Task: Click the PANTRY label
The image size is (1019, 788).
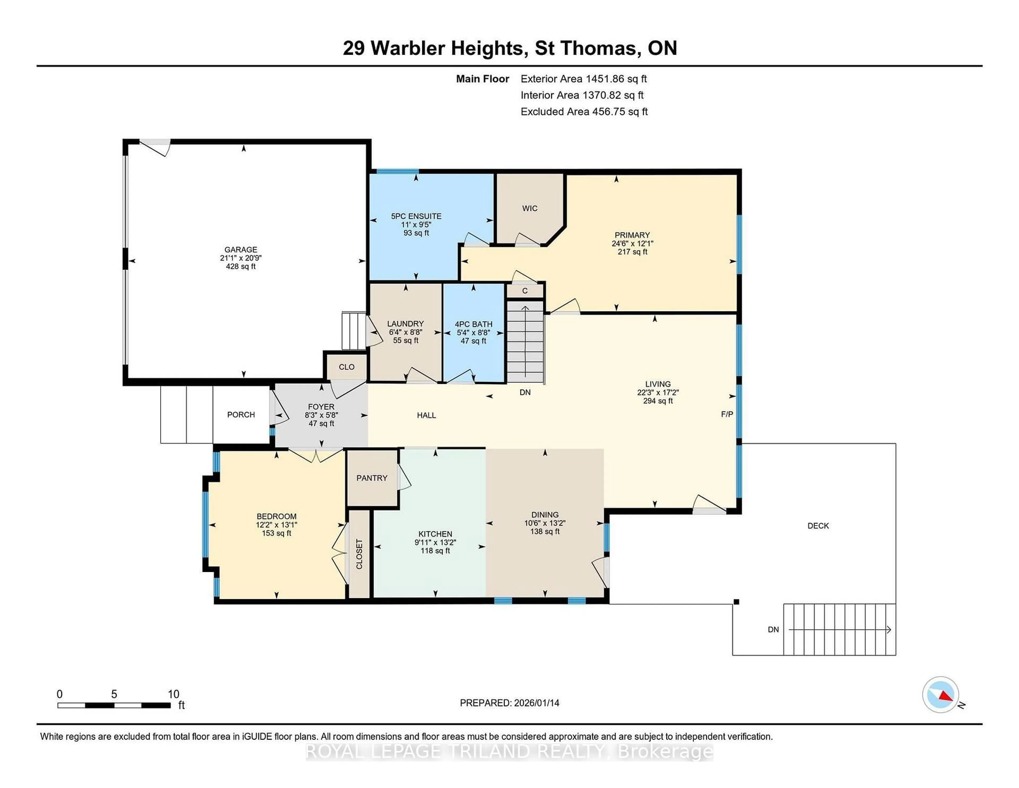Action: point(372,478)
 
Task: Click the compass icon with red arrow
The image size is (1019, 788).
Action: point(941,695)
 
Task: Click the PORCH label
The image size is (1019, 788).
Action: point(241,414)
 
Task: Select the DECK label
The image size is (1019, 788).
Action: point(818,526)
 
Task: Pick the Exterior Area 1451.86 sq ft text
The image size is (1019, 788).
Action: point(584,79)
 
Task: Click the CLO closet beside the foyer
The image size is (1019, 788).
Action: point(347,367)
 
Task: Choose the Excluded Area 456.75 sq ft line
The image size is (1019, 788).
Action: point(584,112)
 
